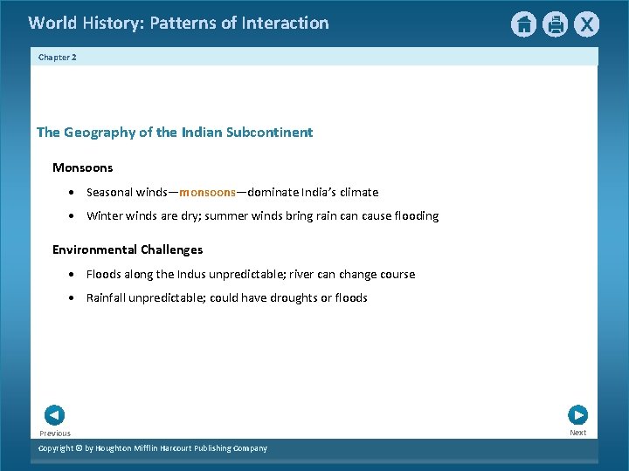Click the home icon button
[523, 24]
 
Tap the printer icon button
[555, 24]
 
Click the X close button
[586, 24]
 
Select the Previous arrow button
[54, 415]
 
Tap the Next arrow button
[577, 415]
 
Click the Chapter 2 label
[58, 57]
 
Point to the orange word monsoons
[207, 192]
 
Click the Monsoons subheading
[82, 167]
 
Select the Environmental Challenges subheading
[128, 249]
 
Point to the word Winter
[104, 215]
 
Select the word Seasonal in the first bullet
[109, 192]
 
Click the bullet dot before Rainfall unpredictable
[73, 298]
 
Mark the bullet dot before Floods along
[73, 275]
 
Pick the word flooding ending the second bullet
[414, 215]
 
